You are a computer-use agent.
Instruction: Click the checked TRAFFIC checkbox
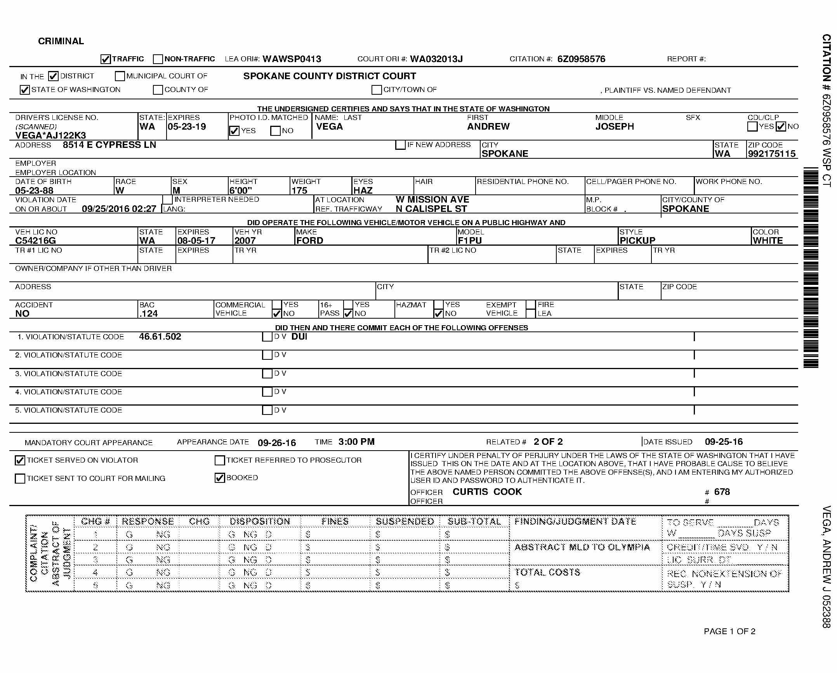(106, 59)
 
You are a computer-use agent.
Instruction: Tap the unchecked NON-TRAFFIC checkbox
(158, 59)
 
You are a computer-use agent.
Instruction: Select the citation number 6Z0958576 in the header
(581, 59)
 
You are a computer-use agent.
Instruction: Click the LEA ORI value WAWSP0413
(292, 59)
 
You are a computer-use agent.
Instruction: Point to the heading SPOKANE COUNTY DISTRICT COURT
(330, 76)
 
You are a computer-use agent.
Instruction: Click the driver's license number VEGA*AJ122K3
(50, 135)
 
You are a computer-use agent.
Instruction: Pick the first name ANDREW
(488, 127)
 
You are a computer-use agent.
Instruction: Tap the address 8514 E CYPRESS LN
(109, 145)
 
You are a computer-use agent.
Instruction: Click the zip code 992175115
(772, 154)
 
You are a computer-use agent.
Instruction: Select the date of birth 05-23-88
(34, 191)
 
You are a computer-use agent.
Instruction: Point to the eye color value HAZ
(363, 191)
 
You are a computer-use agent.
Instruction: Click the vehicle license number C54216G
(35, 241)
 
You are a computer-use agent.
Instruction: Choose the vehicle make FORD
(310, 241)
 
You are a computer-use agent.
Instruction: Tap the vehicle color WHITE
(768, 241)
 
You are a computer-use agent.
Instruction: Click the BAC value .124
(149, 314)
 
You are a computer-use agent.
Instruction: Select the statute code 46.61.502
(160, 336)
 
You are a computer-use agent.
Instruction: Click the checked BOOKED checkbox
(220, 478)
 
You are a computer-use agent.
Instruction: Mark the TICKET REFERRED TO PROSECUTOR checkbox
(220, 460)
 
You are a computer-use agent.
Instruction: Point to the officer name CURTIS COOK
(487, 492)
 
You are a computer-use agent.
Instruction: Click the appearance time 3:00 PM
(356, 442)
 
